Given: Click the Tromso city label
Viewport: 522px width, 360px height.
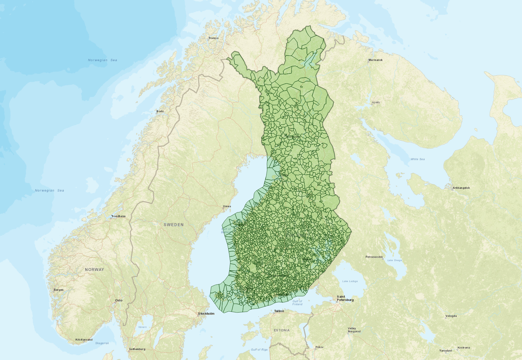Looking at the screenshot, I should [213, 38].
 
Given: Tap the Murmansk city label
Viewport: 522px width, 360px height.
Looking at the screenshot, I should [375, 60].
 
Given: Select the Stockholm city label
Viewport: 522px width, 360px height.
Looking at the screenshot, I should [206, 313].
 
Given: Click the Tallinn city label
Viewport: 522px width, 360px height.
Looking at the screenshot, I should [279, 311].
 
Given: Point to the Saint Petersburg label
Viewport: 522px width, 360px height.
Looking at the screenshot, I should [345, 298].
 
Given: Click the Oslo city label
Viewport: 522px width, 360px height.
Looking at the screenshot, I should [119, 300].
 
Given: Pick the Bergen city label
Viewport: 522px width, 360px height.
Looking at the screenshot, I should [59, 290].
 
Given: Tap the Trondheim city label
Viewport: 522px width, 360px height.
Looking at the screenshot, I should [118, 216].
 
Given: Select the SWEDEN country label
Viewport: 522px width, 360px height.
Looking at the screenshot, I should [174, 224].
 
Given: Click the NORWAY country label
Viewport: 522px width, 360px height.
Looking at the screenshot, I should [95, 269].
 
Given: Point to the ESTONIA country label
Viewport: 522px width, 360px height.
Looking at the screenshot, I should [282, 330].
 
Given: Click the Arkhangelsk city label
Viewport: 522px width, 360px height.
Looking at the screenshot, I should [461, 188].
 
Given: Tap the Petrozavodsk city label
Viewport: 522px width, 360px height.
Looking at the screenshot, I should [374, 257].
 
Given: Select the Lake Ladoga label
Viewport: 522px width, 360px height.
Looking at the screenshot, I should [350, 281].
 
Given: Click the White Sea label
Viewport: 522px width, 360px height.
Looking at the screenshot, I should [418, 159].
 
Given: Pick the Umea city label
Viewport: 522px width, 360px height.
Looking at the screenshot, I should [227, 206].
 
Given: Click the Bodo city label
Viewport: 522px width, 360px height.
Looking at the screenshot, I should [160, 111].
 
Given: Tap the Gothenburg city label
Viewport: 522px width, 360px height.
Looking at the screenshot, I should [137, 349].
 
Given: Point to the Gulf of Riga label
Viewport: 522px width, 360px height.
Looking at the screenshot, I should [259, 349].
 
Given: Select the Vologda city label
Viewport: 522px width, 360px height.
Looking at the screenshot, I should [451, 316].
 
